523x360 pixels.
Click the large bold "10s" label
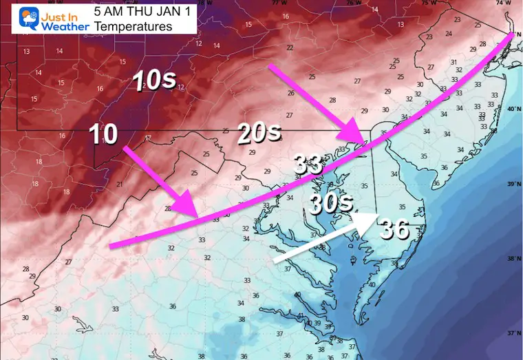coord(156,81)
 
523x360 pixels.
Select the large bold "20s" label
coord(259,134)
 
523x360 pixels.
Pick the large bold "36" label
coord(396,229)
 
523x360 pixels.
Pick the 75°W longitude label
coord(428,3)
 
